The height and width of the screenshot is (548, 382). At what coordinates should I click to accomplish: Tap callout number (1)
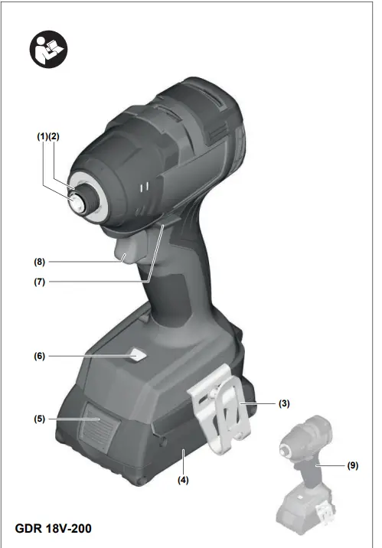(x=42, y=137)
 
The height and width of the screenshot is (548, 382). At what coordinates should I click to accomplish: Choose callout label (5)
(x=40, y=356)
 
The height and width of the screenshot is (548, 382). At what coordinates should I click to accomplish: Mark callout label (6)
(x=40, y=282)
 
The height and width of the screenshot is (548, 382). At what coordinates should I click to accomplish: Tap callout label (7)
(x=40, y=261)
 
